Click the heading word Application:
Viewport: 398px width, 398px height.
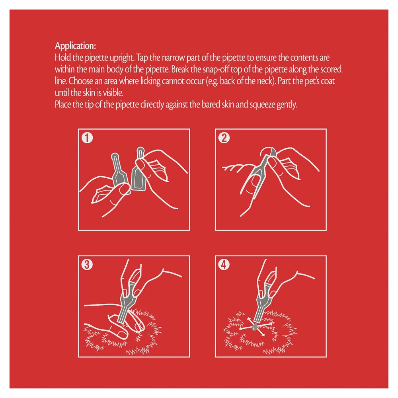[x=75, y=46]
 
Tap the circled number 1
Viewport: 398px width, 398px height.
[x=87, y=138]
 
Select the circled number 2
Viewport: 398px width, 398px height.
[x=224, y=138]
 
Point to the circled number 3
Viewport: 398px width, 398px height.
[x=87, y=265]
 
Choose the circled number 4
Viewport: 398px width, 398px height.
[x=224, y=265]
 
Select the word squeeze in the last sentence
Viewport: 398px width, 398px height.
[x=262, y=105]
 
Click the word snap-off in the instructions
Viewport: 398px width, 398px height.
[x=216, y=70]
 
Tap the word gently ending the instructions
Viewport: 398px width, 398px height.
[x=287, y=105]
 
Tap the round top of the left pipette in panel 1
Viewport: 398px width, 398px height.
[x=115, y=156]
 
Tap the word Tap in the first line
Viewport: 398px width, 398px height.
[x=142, y=58]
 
